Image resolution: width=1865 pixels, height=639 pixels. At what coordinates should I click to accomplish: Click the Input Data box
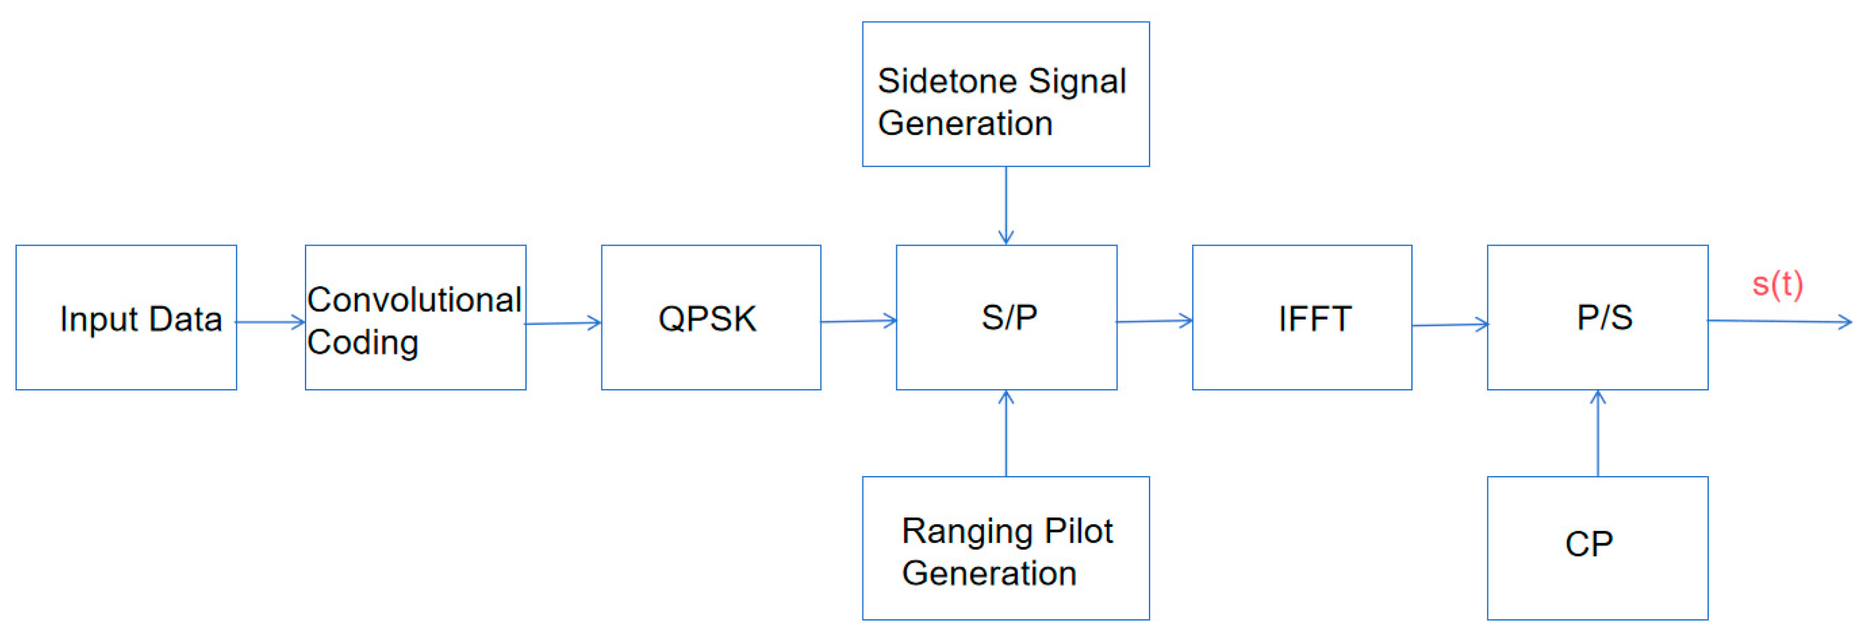(127, 318)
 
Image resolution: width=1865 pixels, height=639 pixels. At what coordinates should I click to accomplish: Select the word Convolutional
(414, 300)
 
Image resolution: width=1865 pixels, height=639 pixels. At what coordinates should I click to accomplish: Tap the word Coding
(363, 342)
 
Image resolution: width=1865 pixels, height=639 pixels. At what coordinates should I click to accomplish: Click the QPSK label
(707, 319)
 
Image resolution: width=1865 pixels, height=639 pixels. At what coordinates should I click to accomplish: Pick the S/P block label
(1009, 318)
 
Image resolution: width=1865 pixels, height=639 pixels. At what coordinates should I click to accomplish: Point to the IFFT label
(1314, 319)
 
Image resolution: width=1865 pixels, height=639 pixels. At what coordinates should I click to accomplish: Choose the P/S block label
(1604, 318)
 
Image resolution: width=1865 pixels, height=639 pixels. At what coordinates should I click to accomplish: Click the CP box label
(1588, 544)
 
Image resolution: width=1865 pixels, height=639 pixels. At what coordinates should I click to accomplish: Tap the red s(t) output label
(1777, 284)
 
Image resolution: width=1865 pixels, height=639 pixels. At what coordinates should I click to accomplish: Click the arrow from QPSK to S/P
(859, 321)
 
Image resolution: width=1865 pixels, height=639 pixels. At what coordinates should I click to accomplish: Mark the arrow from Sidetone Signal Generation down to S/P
(1006, 205)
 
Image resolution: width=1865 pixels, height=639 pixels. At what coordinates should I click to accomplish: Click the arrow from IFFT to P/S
(1450, 325)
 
